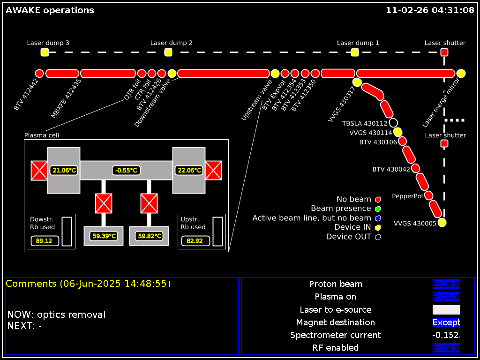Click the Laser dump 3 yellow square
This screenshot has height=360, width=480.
click(x=45, y=52)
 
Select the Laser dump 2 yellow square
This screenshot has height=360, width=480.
click(x=168, y=52)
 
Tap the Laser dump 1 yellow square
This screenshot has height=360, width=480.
click(x=355, y=52)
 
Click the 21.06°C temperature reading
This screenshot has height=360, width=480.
click(x=64, y=171)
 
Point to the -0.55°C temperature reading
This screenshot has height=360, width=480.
click(x=127, y=171)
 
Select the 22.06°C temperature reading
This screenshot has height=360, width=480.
click(x=189, y=171)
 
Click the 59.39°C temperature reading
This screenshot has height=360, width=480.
click(x=104, y=236)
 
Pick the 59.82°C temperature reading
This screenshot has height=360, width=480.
click(x=150, y=236)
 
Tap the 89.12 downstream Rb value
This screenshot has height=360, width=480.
click(x=44, y=241)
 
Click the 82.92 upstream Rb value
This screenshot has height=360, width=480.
click(x=195, y=241)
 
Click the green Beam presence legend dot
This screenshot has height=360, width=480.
click(x=378, y=209)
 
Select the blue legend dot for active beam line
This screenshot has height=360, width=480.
click(x=378, y=218)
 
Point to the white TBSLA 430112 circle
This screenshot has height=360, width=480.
click(x=393, y=123)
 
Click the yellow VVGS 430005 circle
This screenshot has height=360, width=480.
click(x=442, y=223)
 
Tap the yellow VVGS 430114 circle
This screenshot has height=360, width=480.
click(x=398, y=133)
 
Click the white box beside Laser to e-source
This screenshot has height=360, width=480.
click(x=446, y=310)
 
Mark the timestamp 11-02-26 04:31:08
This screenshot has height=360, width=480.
click(x=430, y=10)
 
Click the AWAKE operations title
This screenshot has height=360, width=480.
click(x=50, y=10)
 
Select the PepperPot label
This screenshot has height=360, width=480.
click(x=408, y=196)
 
